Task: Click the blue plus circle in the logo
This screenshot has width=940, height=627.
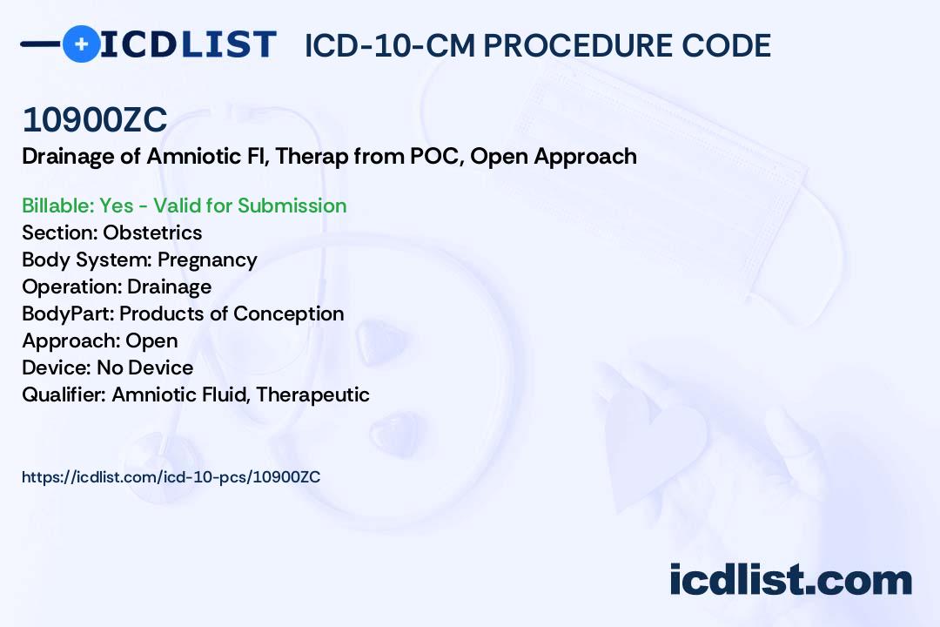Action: point(81,44)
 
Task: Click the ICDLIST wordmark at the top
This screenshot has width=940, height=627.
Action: point(188,44)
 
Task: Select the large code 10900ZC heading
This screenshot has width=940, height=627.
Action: point(95,120)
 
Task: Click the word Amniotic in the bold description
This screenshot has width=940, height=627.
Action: point(189,157)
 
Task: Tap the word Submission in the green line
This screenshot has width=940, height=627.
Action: point(292,206)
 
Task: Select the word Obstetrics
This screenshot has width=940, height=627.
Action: point(152,233)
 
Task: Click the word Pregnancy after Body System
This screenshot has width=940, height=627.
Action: point(207,260)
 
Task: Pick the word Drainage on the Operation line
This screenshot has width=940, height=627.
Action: point(169,287)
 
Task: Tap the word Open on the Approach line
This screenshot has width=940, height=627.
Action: point(151,340)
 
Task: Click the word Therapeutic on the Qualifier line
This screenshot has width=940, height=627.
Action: point(312,394)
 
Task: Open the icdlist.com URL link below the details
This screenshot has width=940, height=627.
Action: point(171,477)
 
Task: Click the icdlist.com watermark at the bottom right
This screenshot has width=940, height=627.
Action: point(790,581)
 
